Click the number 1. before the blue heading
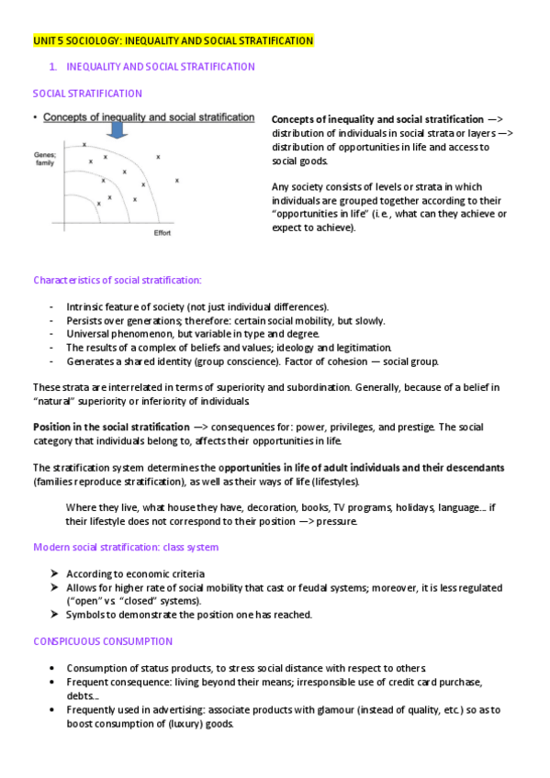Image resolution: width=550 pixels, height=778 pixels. click(53, 67)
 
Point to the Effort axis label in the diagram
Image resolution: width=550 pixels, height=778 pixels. click(162, 232)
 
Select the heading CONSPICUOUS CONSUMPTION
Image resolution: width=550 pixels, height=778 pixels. click(102, 641)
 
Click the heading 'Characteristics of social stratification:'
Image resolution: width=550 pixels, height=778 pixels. click(117, 280)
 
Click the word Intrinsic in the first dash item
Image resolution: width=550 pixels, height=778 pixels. click(86, 306)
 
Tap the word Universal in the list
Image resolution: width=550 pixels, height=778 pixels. click(89, 334)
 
